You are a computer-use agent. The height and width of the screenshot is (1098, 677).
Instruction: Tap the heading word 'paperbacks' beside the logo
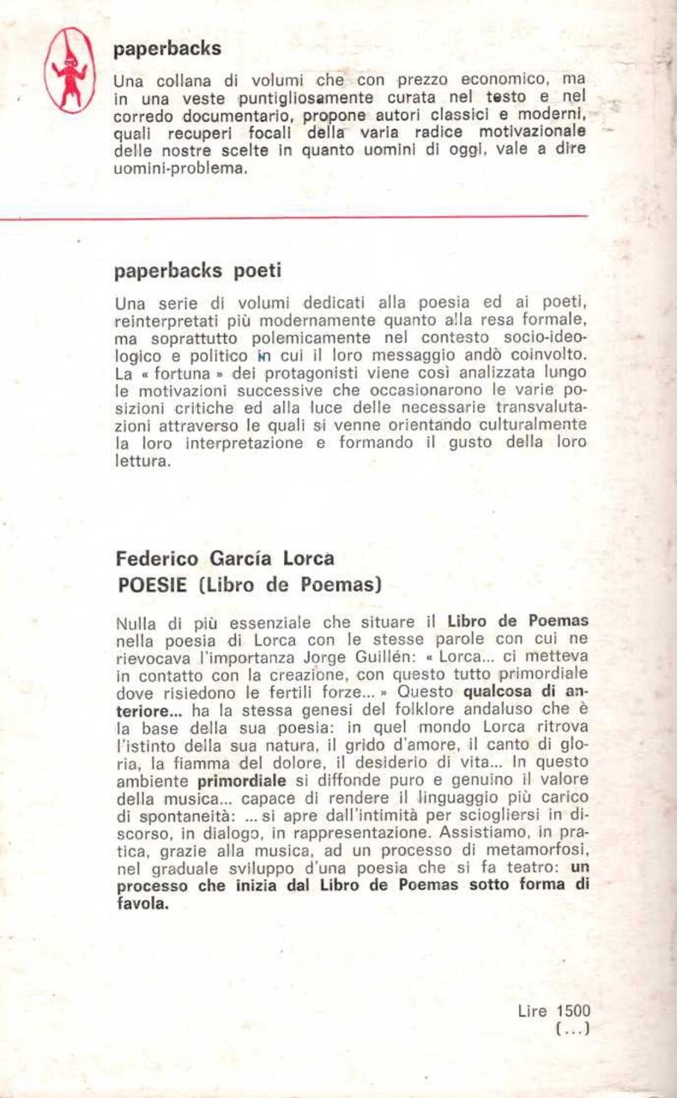167,49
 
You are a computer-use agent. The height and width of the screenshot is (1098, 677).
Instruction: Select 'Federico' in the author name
157,558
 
